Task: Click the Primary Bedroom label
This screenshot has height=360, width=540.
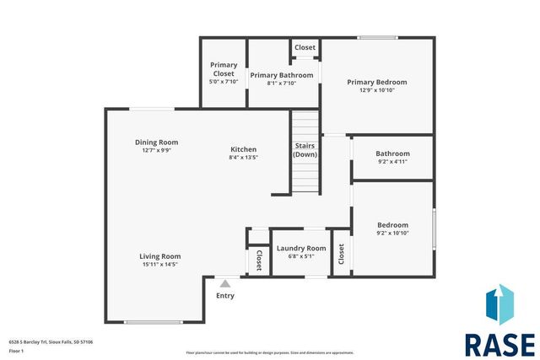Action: tap(377, 82)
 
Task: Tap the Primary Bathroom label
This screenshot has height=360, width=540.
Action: tap(282, 75)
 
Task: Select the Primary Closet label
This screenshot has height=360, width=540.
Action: tap(224, 69)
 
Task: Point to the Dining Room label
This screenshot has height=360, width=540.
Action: tap(157, 142)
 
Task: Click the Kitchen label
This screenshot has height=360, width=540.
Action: tap(243, 149)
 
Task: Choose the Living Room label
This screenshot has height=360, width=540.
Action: tap(160, 256)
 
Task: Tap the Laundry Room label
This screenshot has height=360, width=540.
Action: tap(301, 249)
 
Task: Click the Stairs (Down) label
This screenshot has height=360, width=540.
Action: tap(305, 150)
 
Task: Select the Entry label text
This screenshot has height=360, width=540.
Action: tap(225, 296)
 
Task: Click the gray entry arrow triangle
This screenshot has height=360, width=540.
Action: tap(224, 285)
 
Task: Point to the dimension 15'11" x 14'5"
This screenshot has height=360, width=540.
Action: tap(160, 265)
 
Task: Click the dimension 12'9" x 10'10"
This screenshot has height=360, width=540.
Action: tap(377, 90)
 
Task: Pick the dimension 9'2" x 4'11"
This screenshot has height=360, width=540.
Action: tap(392, 162)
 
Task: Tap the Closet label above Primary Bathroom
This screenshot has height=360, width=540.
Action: tap(305, 48)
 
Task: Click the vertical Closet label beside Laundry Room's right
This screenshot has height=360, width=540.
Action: tap(342, 253)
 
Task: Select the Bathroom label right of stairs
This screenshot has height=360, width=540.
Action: tap(392, 153)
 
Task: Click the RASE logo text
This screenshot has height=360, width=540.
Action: tap(499, 345)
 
